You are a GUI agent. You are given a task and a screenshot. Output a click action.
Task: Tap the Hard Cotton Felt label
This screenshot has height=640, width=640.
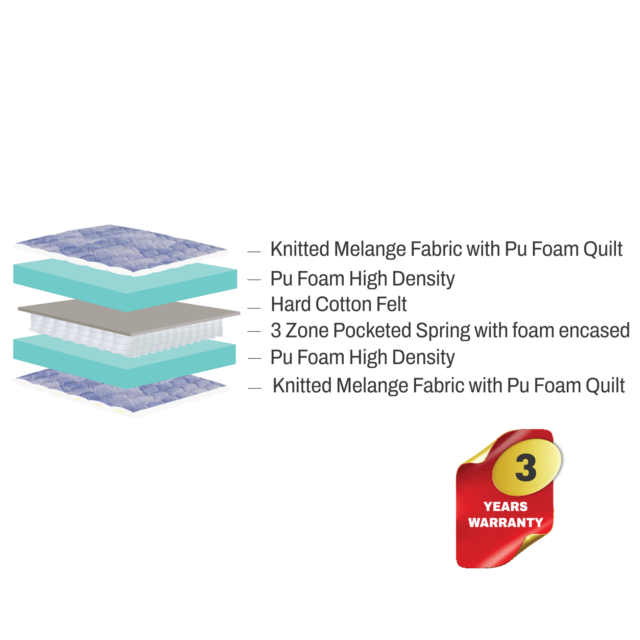pyautogui.click(x=338, y=304)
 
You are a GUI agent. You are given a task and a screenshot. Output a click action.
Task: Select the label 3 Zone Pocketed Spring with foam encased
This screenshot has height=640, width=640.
pyautogui.click(x=450, y=331)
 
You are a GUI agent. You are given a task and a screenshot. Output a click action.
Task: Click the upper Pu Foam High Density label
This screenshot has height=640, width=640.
pyautogui.click(x=362, y=279)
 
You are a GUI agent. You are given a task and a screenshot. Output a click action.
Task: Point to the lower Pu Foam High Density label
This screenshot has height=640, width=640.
pyautogui.click(x=362, y=357)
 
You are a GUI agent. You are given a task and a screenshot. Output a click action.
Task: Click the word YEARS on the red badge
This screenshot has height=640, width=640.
pyautogui.click(x=505, y=506)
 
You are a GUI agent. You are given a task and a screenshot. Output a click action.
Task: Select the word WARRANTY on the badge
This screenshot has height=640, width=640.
pyautogui.click(x=505, y=523)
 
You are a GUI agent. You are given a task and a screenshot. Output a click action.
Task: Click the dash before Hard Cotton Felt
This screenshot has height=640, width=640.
pyautogui.click(x=254, y=308)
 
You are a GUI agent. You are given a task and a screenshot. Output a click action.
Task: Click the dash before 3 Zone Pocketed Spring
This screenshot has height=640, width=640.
pyautogui.click(x=254, y=331)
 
